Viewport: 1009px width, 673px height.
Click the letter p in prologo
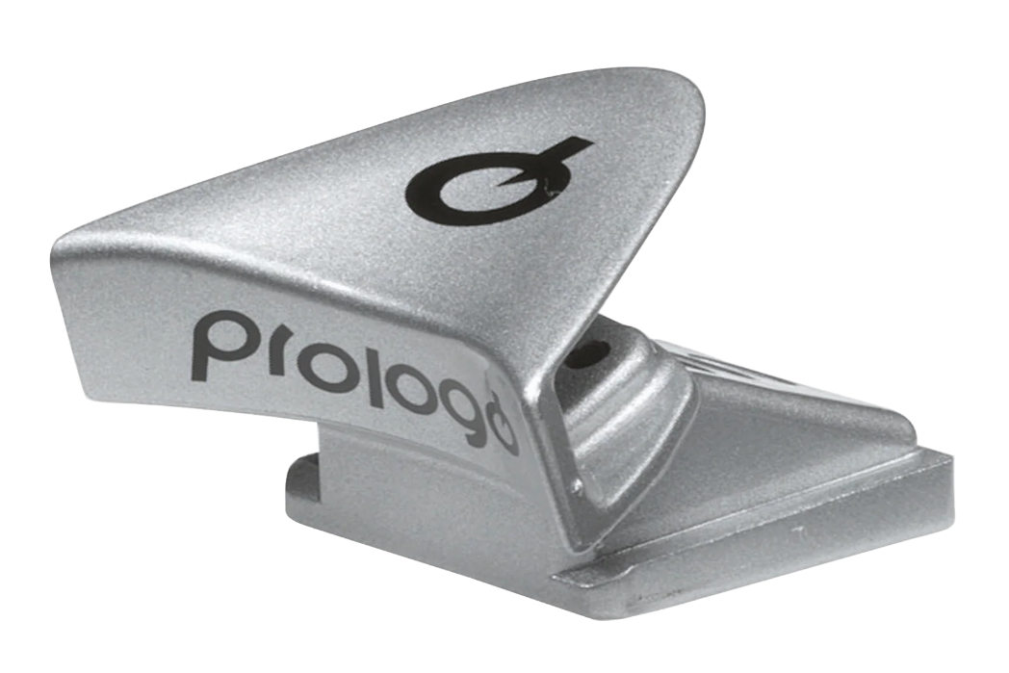point(214,345)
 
